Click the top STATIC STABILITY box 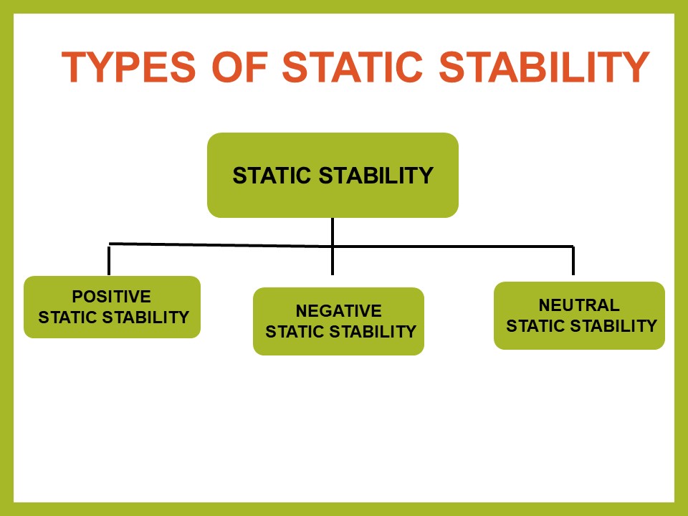coord(333,175)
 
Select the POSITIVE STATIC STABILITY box coord(112,307)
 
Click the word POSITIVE coord(111,297)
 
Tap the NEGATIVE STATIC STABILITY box coord(338,321)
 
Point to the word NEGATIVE coord(338,311)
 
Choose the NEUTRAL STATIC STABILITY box coord(579,315)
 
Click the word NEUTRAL coord(579,305)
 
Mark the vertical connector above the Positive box coord(109,260)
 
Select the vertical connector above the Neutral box coord(573,261)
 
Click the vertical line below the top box coord(333,244)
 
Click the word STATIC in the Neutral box coord(535,326)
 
